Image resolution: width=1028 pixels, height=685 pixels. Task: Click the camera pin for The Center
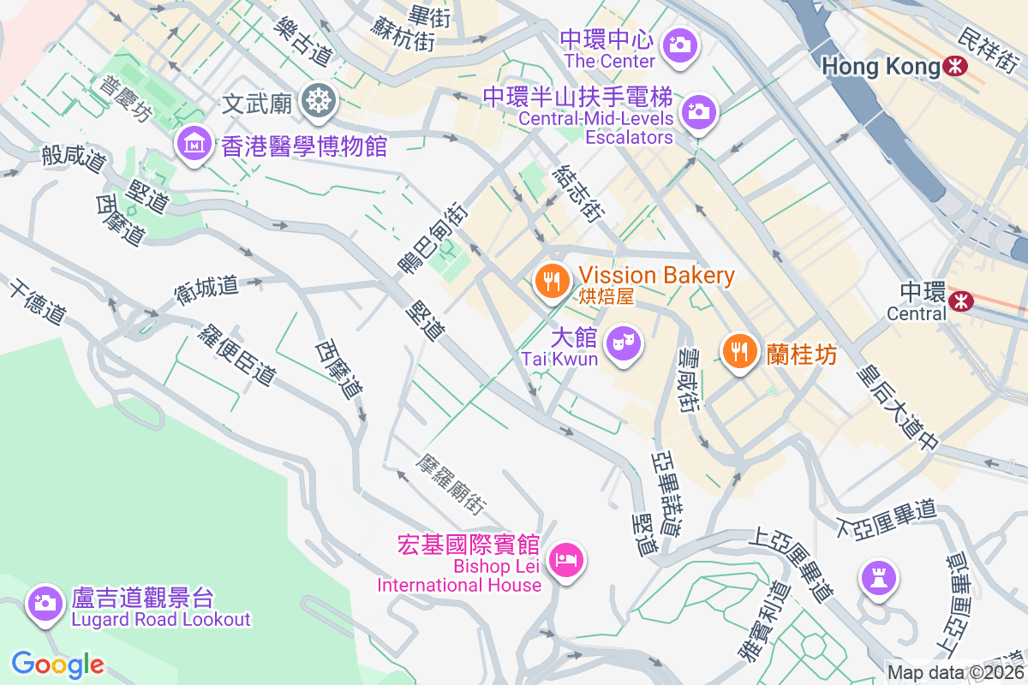(680, 44)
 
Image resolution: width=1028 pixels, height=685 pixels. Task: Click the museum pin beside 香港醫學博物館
(194, 144)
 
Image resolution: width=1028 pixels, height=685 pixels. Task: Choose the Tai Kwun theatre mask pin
(624, 344)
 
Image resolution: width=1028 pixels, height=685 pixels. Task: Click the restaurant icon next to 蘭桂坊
(738, 351)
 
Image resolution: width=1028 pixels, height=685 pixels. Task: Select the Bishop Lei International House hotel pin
(565, 560)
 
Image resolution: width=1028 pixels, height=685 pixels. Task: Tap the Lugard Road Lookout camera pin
(44, 602)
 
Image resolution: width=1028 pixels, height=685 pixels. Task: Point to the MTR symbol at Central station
(961, 300)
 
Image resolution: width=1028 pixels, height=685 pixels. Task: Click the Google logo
(57, 664)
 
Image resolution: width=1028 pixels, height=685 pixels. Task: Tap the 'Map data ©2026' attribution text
(955, 672)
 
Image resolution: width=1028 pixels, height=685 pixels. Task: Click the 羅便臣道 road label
(240, 353)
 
